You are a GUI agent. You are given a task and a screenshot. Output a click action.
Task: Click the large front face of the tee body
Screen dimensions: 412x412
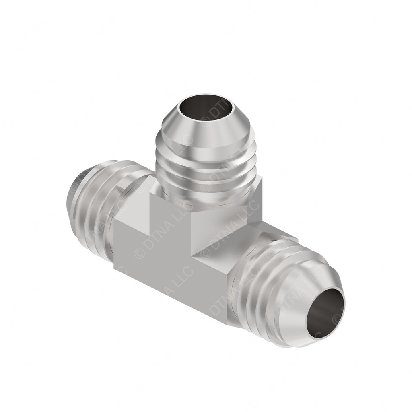[x=173, y=274]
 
